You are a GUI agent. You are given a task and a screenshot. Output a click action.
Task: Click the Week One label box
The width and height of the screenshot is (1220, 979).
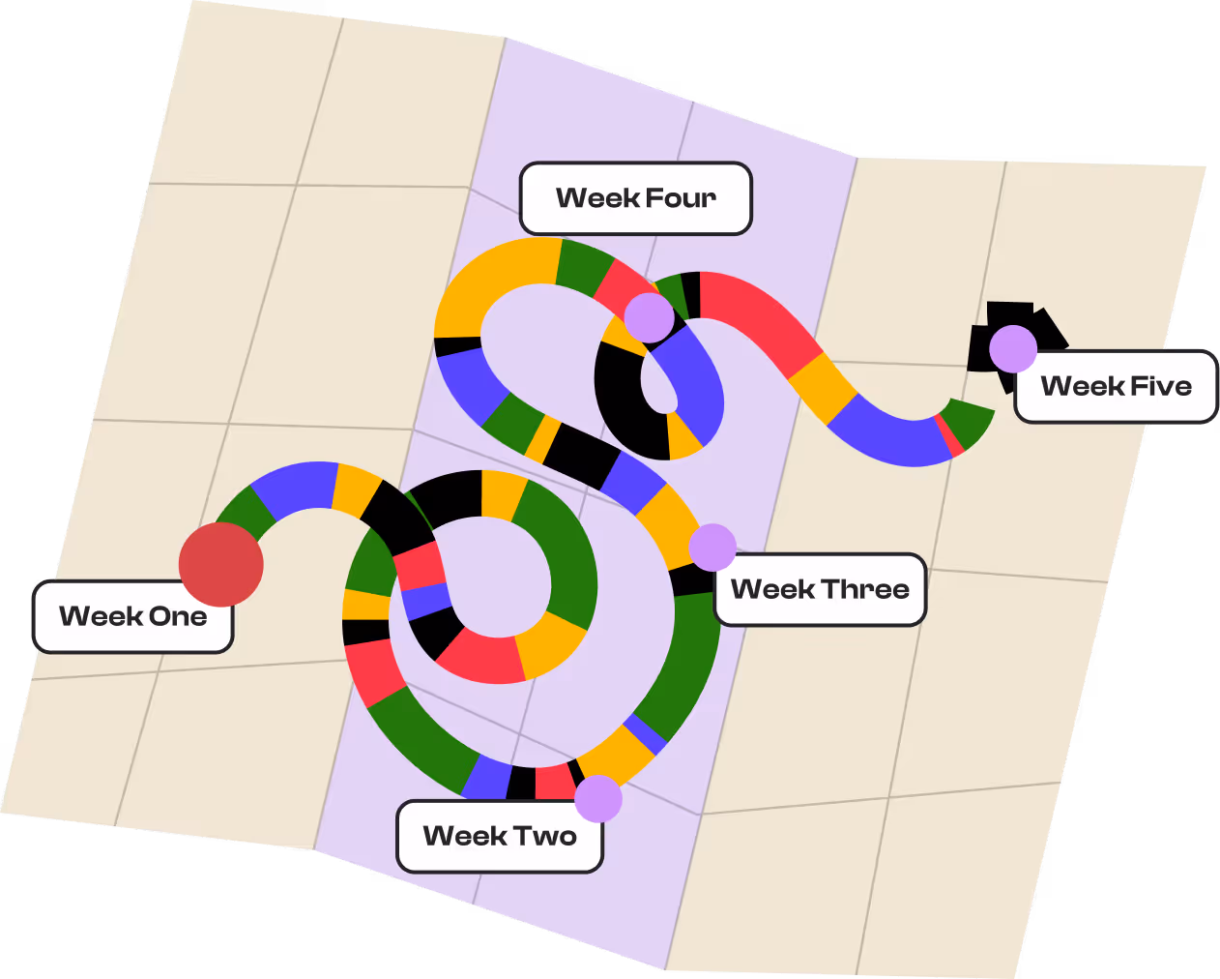click(x=132, y=616)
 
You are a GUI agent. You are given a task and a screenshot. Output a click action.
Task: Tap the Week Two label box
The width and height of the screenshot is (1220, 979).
click(x=500, y=836)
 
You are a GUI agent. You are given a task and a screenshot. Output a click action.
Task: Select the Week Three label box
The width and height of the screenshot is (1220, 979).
click(x=820, y=589)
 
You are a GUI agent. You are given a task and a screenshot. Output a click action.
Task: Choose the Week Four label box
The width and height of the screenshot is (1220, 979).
click(x=635, y=198)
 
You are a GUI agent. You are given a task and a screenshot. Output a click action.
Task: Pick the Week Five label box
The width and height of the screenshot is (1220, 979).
click(x=1116, y=387)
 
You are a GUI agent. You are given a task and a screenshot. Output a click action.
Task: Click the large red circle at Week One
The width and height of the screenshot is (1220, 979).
click(x=221, y=564)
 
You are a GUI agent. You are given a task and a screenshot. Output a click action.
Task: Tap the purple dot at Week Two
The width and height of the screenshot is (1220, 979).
click(x=598, y=798)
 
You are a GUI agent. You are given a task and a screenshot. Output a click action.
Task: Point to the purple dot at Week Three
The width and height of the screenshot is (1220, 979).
click(x=712, y=548)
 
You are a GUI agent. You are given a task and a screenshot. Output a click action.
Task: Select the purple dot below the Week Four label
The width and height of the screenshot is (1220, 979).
click(x=649, y=318)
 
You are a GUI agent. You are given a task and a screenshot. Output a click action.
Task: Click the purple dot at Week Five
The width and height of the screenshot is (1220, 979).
click(x=1013, y=349)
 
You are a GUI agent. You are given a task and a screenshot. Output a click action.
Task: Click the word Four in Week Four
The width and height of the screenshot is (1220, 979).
click(x=681, y=198)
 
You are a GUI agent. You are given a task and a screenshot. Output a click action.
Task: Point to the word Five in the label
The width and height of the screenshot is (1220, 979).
click(x=1161, y=387)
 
